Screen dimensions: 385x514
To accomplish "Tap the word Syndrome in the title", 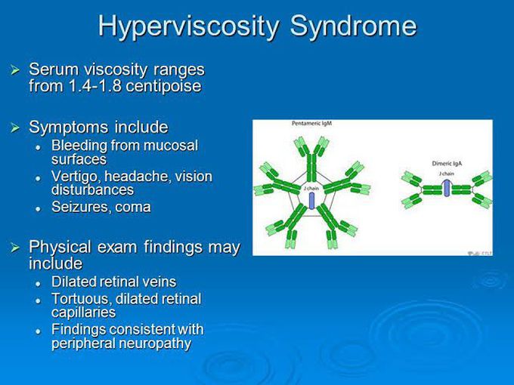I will [354, 26].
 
